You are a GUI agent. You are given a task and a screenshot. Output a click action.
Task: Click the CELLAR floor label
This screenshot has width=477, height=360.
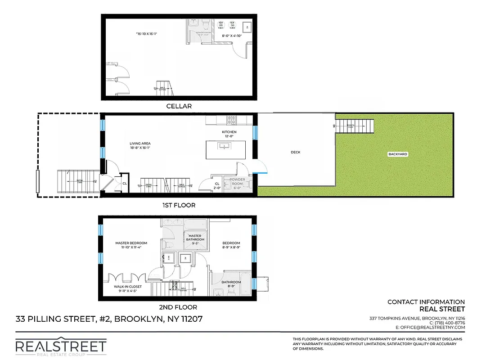pos(179,106)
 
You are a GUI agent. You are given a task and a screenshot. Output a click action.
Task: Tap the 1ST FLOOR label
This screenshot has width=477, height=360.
pos(179,205)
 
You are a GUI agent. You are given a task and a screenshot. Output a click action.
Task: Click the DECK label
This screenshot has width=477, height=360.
pos(295,152)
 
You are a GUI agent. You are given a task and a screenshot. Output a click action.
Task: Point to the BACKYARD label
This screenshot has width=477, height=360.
pos(397,154)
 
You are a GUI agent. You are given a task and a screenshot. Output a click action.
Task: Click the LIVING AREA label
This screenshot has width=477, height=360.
pos(139,144)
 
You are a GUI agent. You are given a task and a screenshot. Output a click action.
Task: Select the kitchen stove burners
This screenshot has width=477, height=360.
pos(231,120)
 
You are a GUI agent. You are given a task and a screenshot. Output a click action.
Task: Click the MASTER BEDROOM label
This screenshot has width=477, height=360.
pos(131,243)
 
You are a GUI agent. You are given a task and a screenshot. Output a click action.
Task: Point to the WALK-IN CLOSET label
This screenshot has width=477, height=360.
pos(128,287)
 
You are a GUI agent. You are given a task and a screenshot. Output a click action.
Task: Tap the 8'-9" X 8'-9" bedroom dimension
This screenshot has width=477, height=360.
pos(231,247)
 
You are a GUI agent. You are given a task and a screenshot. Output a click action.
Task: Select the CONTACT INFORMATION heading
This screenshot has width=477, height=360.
pos(426,302)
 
